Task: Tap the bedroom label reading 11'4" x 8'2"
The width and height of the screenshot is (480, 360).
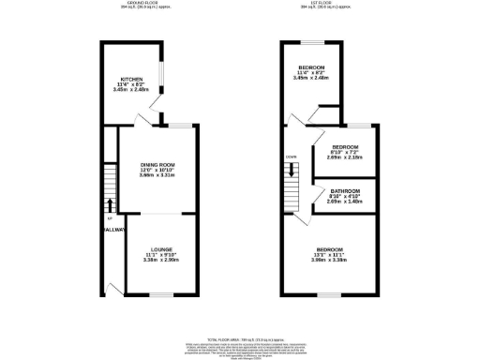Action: tap(312, 68)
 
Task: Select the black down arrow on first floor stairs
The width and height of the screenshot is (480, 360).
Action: tap(292, 170)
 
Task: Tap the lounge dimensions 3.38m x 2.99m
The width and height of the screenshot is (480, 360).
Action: tap(157, 262)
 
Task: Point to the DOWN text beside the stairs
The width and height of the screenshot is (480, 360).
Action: tap(292, 157)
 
